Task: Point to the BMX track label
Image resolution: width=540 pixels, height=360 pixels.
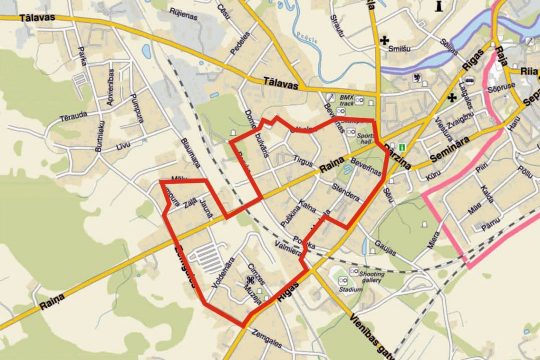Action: [x=346, y=100]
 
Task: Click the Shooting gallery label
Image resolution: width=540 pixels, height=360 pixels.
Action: [x=371, y=277]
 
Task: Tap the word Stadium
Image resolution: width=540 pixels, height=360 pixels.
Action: [x=351, y=289]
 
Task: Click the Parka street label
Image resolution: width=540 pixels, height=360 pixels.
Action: [x=82, y=56]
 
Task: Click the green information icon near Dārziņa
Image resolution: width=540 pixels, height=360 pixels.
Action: [x=403, y=147]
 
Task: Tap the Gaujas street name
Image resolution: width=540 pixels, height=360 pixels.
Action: [x=387, y=248]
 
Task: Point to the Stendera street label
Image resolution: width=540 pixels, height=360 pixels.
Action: [x=345, y=193]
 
